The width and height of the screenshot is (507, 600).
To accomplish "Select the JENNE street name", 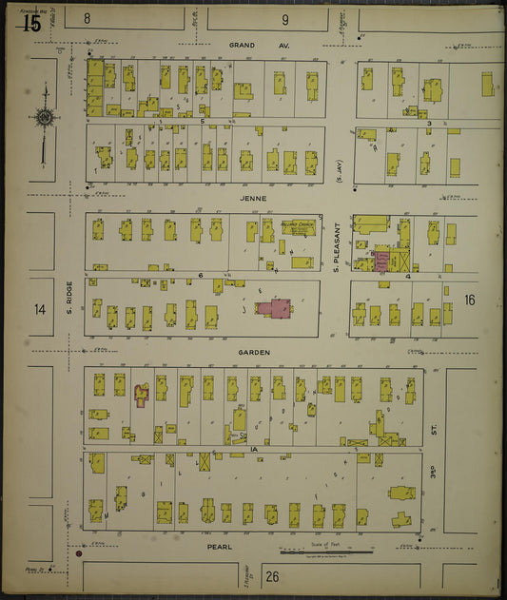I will coord(254,198).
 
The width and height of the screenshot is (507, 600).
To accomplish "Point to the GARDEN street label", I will coord(254,352).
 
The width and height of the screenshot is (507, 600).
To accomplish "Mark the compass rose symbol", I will coord(44,118).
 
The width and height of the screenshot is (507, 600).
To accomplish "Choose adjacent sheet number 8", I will coord(87,17).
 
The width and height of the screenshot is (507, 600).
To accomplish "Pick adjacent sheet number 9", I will coord(283,17).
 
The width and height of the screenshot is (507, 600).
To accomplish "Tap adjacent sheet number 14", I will coord(39,309).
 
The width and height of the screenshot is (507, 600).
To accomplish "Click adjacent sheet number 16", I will coord(469,300).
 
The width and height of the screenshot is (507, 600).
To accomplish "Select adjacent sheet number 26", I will coord(271,576).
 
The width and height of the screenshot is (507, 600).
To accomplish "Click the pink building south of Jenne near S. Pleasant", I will coord(278,309).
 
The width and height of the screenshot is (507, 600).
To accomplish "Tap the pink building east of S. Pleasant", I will coord(382,260).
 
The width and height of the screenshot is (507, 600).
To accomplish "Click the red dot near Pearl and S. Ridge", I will coord(80,553).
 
